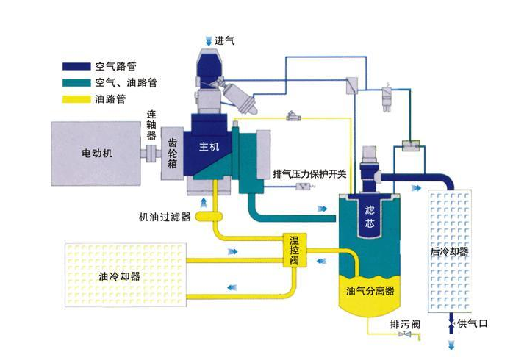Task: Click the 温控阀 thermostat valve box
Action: point(294,251)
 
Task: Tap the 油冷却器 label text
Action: point(119,277)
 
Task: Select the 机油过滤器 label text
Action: point(165,217)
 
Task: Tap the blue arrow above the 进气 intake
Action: point(207,39)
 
